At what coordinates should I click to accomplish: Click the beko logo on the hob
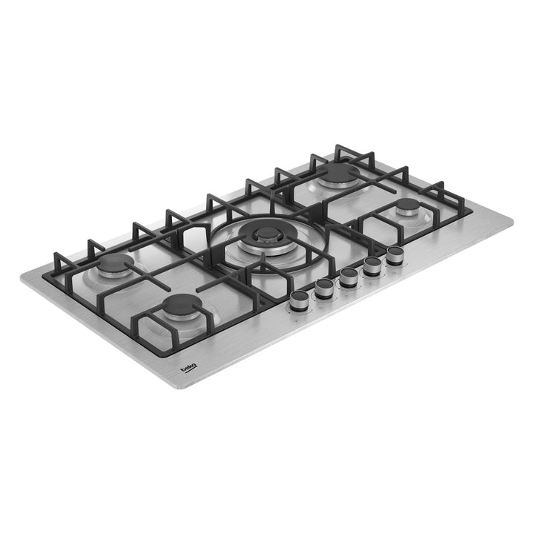tap(188, 369)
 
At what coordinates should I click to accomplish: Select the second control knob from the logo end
tap(324, 289)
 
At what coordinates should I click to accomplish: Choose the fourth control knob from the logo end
tap(372, 266)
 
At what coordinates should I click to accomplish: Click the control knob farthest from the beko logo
tap(395, 256)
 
